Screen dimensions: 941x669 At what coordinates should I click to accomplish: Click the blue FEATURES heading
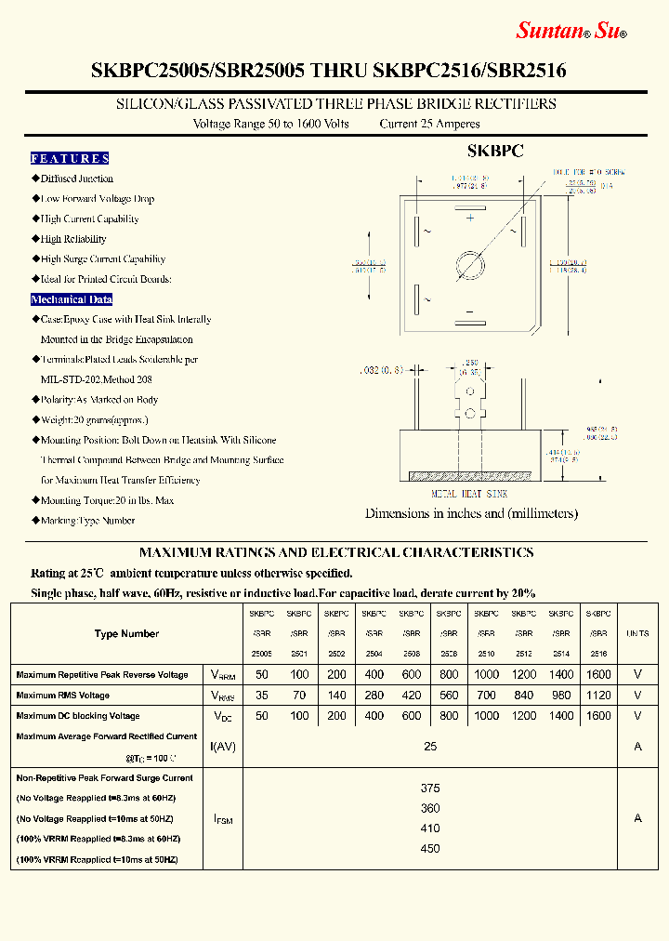pos(70,158)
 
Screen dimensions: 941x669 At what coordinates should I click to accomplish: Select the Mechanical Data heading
pos(72,299)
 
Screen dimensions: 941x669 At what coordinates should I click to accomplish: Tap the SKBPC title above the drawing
pos(495,151)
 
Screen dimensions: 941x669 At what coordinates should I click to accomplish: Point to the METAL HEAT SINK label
pos(469,495)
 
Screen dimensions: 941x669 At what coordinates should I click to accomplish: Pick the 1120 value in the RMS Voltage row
pos(599,696)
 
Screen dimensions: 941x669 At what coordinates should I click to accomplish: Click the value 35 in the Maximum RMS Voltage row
pos(262,696)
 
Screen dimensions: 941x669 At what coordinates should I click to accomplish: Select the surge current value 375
pos(430,788)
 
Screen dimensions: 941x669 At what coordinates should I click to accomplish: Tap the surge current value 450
pos(430,848)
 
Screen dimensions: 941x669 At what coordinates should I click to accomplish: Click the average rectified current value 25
pos(430,747)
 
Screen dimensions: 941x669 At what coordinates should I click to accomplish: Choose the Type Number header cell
pos(126,634)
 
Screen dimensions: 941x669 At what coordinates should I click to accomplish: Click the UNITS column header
pos(637,634)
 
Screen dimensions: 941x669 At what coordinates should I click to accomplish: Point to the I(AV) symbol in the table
pos(223,747)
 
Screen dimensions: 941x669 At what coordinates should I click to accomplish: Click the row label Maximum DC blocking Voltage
pos(78,716)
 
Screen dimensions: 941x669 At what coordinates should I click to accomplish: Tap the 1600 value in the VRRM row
pos(599,675)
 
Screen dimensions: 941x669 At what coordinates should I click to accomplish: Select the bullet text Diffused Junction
pos(76,179)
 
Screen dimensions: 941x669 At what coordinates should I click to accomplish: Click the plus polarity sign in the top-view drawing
pos(470,218)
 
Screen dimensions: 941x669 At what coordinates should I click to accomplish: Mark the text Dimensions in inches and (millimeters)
pos(471,513)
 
